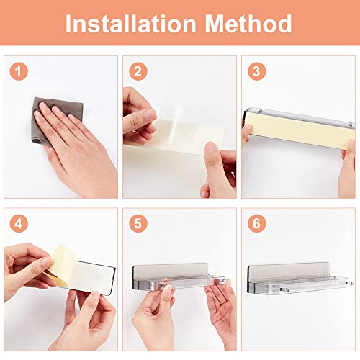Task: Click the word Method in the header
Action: [248, 24]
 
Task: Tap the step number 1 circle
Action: [19, 71]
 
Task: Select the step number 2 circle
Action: [138, 71]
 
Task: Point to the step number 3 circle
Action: [256, 71]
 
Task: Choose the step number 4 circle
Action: [19, 223]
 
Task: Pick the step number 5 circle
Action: [138, 223]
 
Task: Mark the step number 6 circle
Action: [256, 223]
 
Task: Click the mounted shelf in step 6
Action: [299, 279]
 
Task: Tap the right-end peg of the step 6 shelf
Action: [352, 283]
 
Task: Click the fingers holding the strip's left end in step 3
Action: [247, 135]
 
